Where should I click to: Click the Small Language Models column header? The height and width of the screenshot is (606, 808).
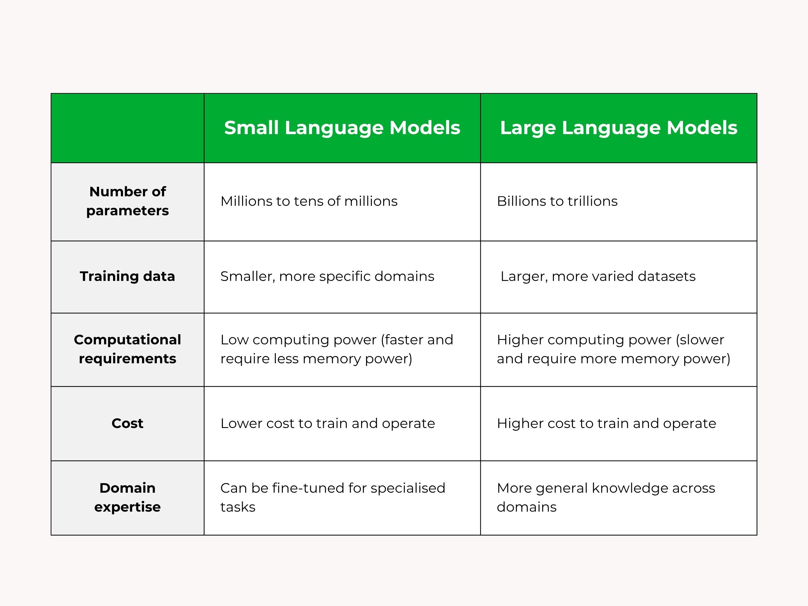tap(342, 128)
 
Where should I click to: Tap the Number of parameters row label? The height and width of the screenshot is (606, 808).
tap(128, 201)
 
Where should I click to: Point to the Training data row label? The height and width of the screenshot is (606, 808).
tap(128, 276)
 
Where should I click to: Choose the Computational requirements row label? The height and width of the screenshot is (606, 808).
tap(128, 349)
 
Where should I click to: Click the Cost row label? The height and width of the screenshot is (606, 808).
tap(128, 423)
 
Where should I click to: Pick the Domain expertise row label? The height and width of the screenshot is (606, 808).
tap(128, 497)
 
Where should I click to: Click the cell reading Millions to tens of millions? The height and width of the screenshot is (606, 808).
tap(309, 201)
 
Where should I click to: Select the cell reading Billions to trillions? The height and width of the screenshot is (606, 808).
tap(557, 201)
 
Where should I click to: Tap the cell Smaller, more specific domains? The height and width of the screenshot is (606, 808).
tap(327, 276)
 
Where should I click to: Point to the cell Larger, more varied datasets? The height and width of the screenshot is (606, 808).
tap(598, 276)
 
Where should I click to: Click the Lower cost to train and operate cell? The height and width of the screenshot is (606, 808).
tap(328, 424)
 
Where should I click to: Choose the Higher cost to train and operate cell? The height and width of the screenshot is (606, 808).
tap(606, 424)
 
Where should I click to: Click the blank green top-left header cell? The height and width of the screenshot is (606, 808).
tap(128, 128)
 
